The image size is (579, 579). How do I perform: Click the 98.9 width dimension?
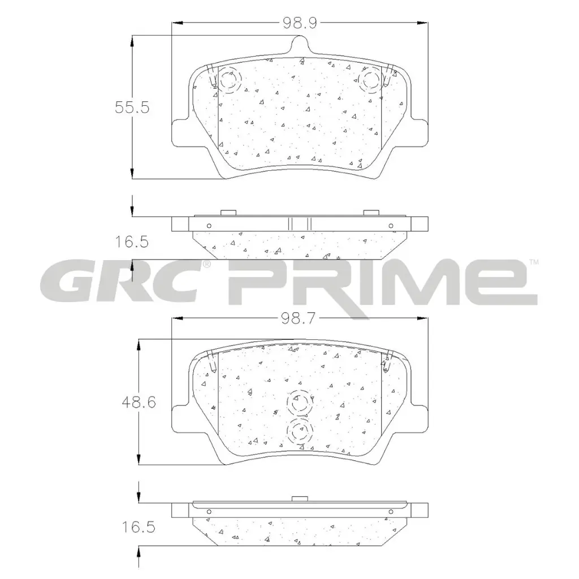pos(300,23)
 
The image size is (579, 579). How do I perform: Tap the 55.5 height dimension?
pos(132,107)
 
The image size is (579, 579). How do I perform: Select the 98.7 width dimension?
pos(299,318)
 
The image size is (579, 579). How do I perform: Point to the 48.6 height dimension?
pos(139,402)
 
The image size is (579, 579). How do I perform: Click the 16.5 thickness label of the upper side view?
pos(132,242)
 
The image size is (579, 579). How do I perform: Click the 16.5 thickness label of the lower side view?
pos(139,527)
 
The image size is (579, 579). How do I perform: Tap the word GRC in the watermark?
pos(122,283)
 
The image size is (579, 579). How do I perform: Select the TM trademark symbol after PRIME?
pos(534,262)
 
